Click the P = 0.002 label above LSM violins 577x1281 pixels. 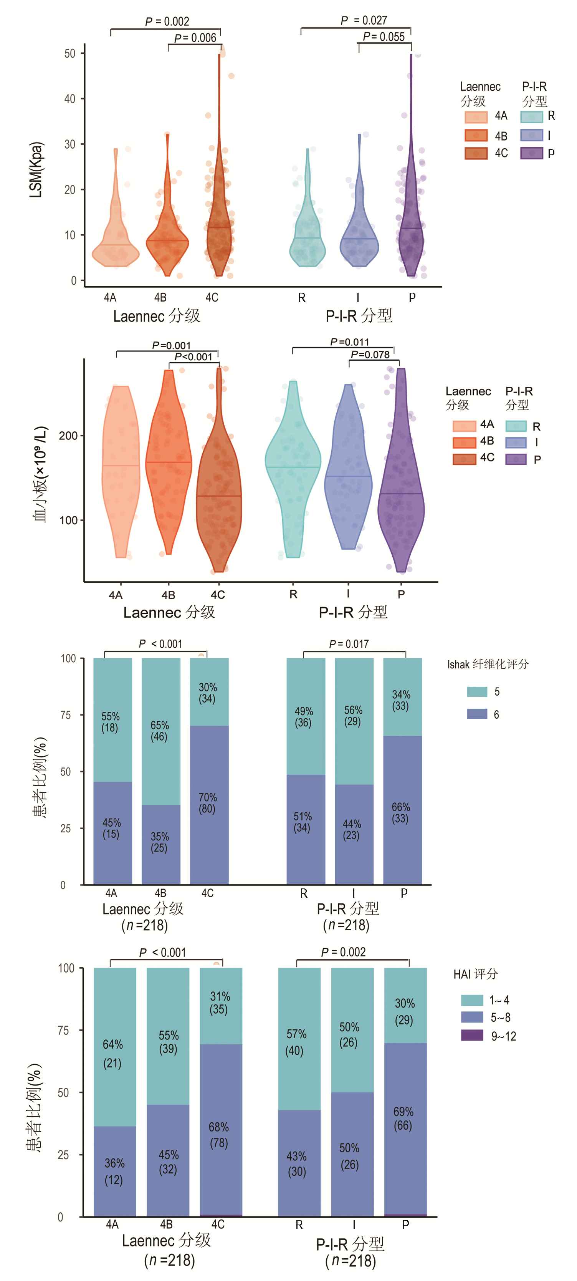click(x=167, y=22)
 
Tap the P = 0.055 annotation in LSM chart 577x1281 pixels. click(x=384, y=36)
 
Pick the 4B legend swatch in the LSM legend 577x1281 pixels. click(x=476, y=135)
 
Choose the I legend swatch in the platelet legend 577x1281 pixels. click(x=516, y=442)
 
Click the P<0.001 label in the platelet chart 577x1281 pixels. click(x=193, y=356)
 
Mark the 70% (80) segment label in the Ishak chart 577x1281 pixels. click(x=207, y=803)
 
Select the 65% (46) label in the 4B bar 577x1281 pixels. click(x=160, y=731)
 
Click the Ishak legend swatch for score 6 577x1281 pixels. click(x=476, y=714)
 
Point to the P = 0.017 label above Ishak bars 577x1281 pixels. click(x=349, y=644)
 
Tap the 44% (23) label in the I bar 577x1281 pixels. click(x=352, y=829)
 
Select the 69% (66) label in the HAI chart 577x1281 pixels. click(x=403, y=1119)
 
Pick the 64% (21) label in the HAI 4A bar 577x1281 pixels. click(x=113, y=1054)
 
